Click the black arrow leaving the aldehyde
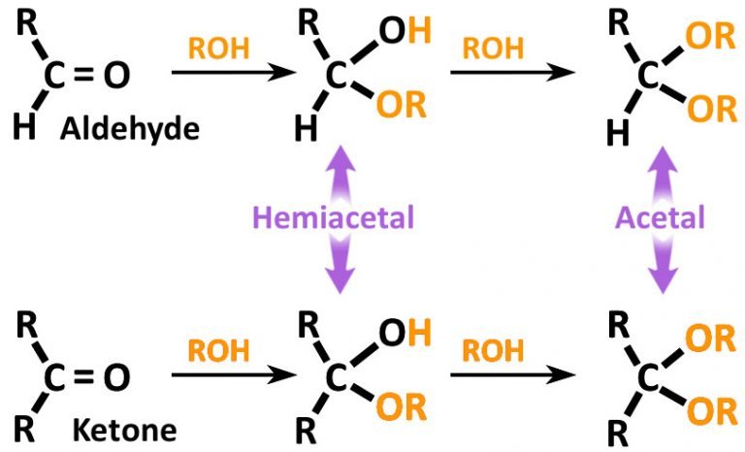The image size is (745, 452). point(221,73)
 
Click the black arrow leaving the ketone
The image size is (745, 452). point(221,373)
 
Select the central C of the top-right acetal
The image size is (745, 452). point(648,78)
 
